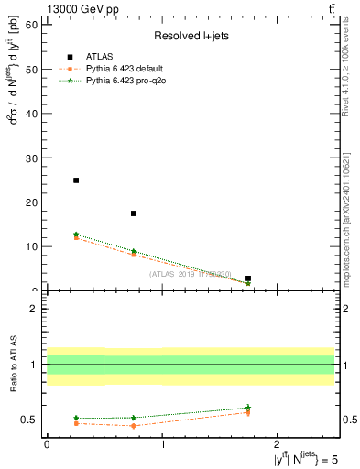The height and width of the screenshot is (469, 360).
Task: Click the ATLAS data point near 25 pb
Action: [x=76, y=180]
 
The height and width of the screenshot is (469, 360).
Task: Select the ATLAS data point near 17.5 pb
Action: [x=134, y=213]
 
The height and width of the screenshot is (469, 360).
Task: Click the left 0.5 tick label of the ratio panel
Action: [x=29, y=420]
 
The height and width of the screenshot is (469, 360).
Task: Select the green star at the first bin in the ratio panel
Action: [x=76, y=418]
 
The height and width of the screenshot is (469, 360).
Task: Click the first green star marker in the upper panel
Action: [x=76, y=234]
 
